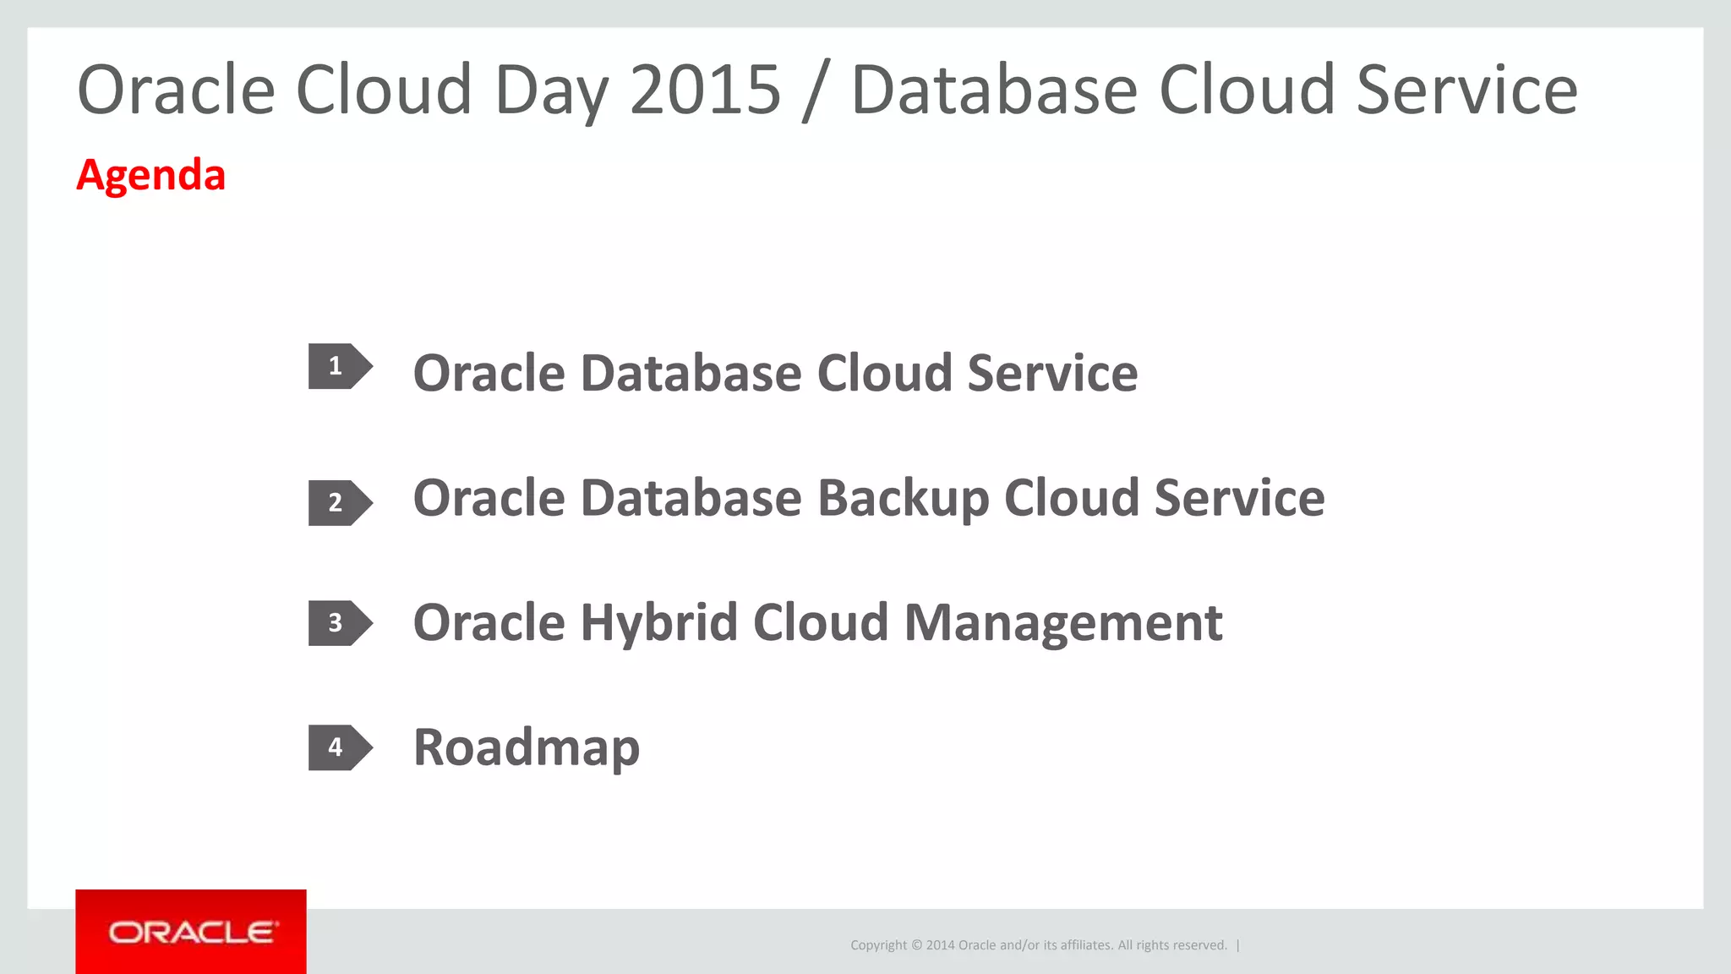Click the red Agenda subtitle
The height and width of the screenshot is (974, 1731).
(x=150, y=175)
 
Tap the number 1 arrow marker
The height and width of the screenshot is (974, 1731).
(x=338, y=366)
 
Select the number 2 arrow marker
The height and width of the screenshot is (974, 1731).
(x=338, y=503)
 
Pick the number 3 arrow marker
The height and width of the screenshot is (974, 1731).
(x=338, y=623)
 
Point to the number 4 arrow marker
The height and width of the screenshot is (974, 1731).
(x=338, y=747)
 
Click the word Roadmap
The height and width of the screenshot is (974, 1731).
(x=526, y=748)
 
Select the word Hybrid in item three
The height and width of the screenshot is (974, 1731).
(x=659, y=623)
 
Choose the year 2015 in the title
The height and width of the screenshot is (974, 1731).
(x=705, y=90)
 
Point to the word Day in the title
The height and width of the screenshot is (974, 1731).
(x=551, y=91)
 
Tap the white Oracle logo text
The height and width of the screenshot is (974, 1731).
(x=192, y=933)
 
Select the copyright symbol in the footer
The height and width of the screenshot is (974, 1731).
(x=917, y=945)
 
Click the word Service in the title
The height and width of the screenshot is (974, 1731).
(x=1466, y=90)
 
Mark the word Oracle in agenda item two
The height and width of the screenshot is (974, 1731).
(x=489, y=498)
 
